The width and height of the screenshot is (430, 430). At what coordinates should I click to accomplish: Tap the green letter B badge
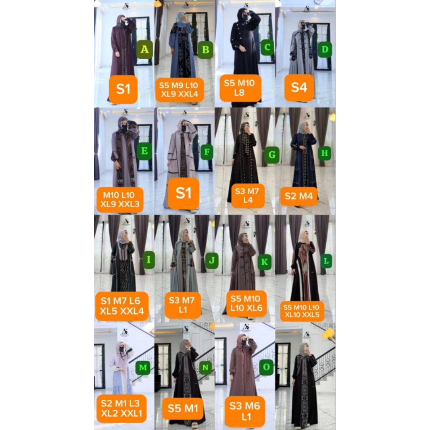pos(206,50)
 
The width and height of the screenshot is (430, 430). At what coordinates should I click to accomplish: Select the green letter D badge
pos(325,50)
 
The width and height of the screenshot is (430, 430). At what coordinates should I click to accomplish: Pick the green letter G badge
pos(272,155)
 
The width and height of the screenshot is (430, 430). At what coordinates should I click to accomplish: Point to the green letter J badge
pos(212,261)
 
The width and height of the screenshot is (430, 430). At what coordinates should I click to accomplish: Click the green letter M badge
pos(143,368)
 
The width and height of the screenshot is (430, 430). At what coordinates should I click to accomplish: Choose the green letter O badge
pos(266,367)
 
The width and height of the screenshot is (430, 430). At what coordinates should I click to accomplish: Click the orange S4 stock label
pos(299,88)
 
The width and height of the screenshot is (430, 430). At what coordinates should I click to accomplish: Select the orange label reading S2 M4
pos(299,196)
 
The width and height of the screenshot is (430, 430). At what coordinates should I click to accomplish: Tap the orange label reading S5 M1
pos(183,408)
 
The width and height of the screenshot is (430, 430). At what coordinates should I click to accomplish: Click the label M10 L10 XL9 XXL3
pos(120,200)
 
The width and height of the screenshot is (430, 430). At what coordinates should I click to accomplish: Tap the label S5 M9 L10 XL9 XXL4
pos(180,90)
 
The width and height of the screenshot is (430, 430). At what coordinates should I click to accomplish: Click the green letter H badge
pos(325,153)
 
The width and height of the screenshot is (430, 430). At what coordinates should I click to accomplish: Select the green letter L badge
pos(326,261)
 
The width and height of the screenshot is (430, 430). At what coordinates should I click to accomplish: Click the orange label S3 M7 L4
pos(248,196)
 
